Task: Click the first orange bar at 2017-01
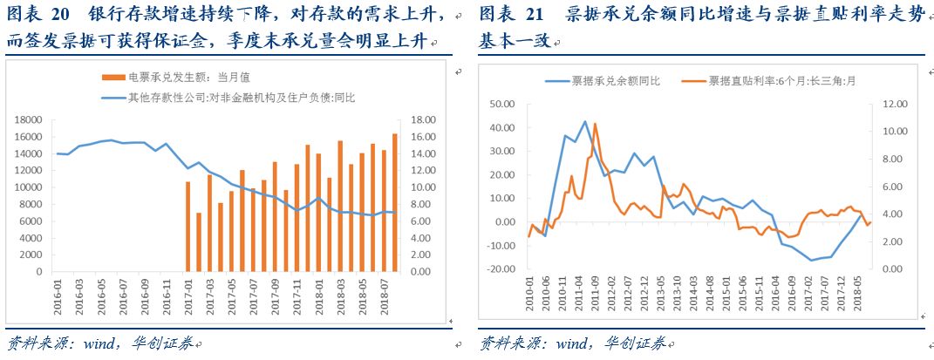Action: [187, 226]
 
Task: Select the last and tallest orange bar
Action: [395, 202]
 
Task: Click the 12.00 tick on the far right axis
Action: [896, 104]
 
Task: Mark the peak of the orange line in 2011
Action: [595, 124]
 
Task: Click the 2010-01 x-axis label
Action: [529, 297]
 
